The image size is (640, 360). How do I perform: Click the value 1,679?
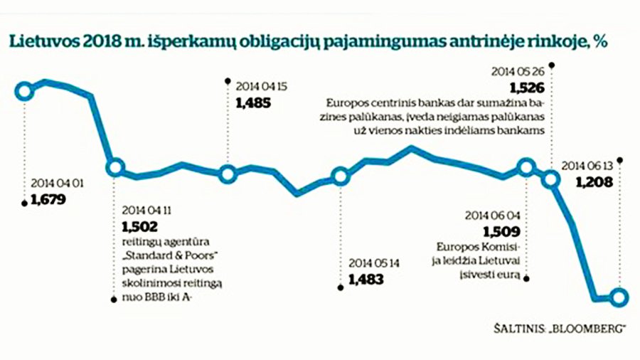tap(48, 200)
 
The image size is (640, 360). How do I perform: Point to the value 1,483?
tap(366, 279)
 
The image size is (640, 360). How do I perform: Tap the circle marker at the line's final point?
tap(619, 297)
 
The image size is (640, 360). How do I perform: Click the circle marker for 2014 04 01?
tap(24, 90)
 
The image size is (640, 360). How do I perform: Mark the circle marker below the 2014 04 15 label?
tap(228, 174)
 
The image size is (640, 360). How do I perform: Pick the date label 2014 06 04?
tap(493, 216)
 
